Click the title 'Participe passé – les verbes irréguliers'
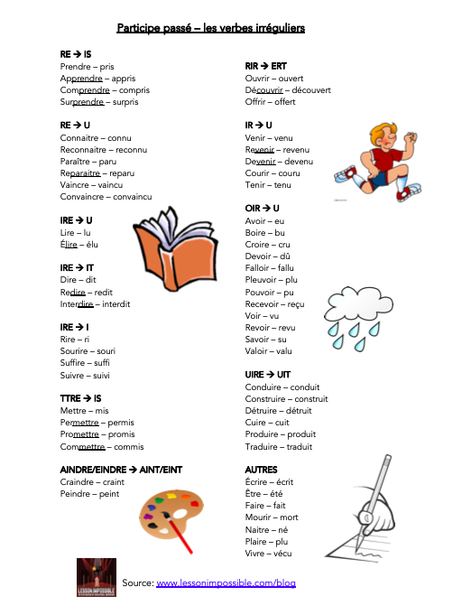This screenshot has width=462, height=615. (211, 28)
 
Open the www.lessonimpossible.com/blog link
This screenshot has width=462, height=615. (226, 583)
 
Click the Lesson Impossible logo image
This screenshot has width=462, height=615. (97, 578)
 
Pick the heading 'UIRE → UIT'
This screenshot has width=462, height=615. (268, 374)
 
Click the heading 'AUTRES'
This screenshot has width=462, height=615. (261, 470)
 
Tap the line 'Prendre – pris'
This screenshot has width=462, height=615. (87, 67)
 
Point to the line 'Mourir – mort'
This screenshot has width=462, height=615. (273, 517)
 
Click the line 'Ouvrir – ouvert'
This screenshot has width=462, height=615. (274, 79)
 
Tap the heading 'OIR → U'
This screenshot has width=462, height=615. (263, 209)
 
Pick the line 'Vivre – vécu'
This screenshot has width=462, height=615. (269, 553)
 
